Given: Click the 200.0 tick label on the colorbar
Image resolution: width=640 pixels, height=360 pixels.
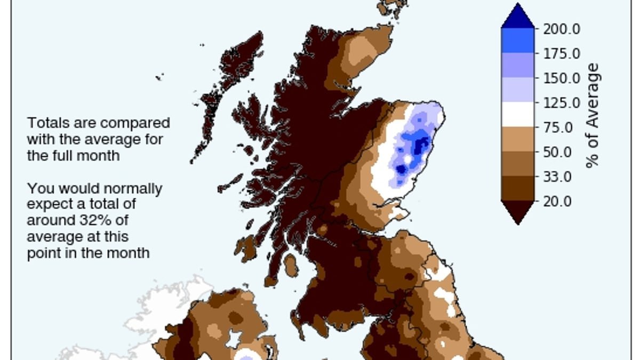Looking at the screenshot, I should pos(562,29).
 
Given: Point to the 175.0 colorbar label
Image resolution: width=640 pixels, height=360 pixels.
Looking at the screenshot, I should pos(562,54).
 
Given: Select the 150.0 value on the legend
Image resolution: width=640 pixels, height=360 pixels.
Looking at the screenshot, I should pos(562,78).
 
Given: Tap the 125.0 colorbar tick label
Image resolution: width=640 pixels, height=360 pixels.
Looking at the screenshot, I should pos(562,103).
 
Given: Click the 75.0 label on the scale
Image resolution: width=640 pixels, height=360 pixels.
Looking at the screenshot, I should pos(558,127).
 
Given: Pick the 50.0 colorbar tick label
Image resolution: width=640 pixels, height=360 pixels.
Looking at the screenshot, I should pos(558,152).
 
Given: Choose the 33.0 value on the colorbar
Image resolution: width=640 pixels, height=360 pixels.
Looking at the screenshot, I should pos(558,177).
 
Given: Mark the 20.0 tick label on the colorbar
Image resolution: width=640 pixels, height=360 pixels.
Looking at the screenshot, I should pos(558,201).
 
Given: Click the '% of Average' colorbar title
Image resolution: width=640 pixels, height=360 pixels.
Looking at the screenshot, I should pos(593,115).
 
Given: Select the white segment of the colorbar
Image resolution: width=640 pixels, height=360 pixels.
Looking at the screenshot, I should pos(517,114).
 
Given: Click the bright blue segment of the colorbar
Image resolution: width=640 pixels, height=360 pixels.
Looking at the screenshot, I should pos(517,40).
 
